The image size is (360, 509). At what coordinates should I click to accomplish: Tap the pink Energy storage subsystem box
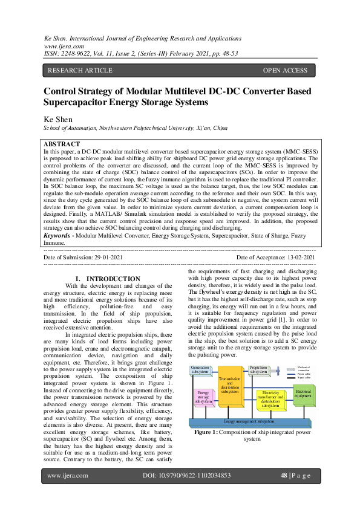tap(203, 397)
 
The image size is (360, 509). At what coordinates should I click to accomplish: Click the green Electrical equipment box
tap(303, 393)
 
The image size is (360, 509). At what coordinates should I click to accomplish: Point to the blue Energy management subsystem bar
tap(249, 421)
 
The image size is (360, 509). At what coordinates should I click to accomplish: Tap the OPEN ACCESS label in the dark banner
tap(285, 71)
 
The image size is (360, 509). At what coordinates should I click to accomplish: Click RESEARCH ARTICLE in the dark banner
tap(76, 71)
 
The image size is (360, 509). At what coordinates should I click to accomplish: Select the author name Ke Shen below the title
tap(59, 119)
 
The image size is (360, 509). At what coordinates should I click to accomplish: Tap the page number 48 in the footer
tap(283, 476)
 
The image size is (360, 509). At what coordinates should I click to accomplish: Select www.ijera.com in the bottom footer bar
tap(68, 476)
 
